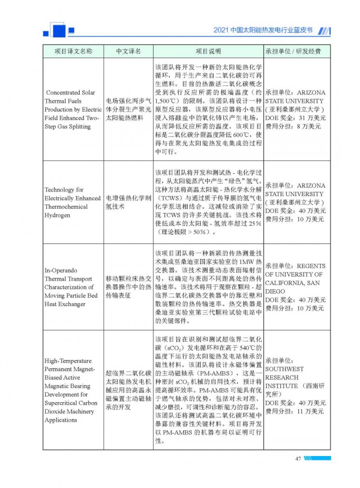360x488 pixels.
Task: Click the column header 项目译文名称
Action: pos(73,51)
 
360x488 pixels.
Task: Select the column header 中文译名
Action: pos(128,51)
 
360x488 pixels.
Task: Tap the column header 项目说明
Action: pos(208,51)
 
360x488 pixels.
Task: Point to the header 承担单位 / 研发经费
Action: pos(293,51)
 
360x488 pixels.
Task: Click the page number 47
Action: pos(297,458)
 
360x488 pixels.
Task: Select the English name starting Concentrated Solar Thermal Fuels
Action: pos(73,110)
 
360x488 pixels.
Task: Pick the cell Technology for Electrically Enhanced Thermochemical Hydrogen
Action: pos(72,202)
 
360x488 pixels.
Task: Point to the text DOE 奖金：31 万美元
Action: pos(293,118)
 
